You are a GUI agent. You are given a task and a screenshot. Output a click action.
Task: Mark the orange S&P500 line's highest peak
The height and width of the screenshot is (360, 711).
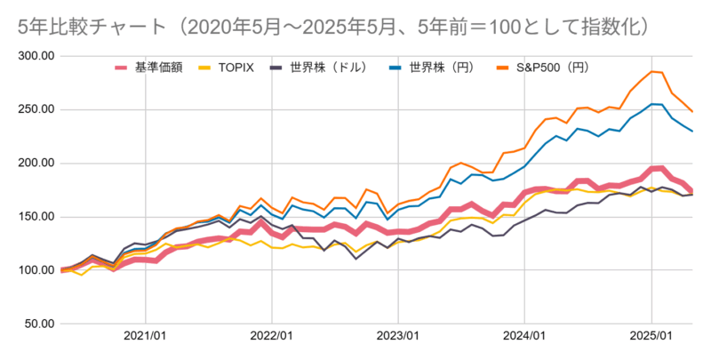coord(652,71)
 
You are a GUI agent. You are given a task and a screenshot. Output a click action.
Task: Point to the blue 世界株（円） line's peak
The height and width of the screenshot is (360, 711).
coord(653,104)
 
